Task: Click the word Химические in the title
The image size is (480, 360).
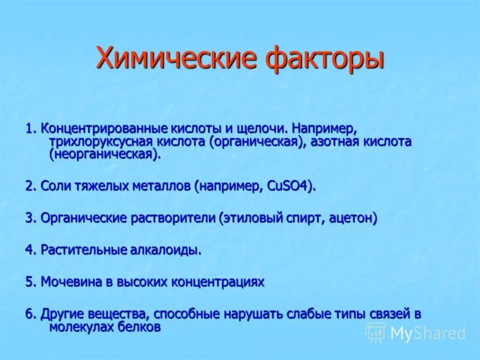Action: point(169,59)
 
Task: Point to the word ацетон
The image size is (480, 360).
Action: point(354,218)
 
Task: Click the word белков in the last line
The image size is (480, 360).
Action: point(140,327)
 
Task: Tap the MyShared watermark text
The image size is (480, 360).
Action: point(428,333)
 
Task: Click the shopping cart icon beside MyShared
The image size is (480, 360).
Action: point(376,333)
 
